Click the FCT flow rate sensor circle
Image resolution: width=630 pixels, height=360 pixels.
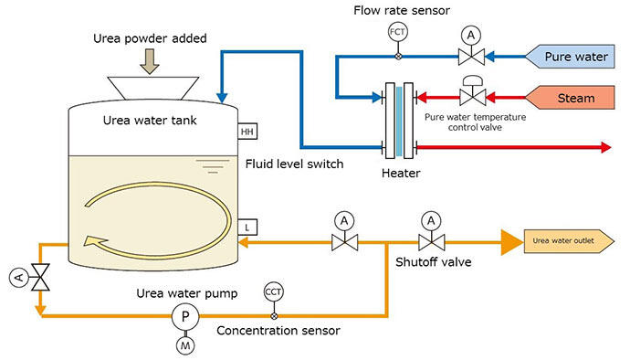coord(398,32)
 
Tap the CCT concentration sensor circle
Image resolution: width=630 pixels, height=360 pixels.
coord(274,292)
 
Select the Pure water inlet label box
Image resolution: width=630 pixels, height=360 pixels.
coord(570,57)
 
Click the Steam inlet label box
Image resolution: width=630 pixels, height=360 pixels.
coord(570,98)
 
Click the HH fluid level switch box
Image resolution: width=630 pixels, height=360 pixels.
coord(247,132)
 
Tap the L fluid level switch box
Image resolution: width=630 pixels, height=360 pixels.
coord(247,228)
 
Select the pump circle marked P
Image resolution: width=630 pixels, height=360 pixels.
coord(185,316)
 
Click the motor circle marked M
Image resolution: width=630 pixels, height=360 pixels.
coord(185,345)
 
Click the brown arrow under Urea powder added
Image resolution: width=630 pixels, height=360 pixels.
coord(150,61)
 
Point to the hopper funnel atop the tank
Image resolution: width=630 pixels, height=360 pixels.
coord(153,88)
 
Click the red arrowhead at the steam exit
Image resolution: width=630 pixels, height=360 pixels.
coord(606,147)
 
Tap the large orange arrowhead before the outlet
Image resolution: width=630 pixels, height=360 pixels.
coord(511,242)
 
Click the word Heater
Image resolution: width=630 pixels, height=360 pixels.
coord(401,174)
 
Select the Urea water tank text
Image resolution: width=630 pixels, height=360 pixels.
coord(150,121)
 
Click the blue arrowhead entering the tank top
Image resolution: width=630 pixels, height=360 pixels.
coord(222,98)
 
